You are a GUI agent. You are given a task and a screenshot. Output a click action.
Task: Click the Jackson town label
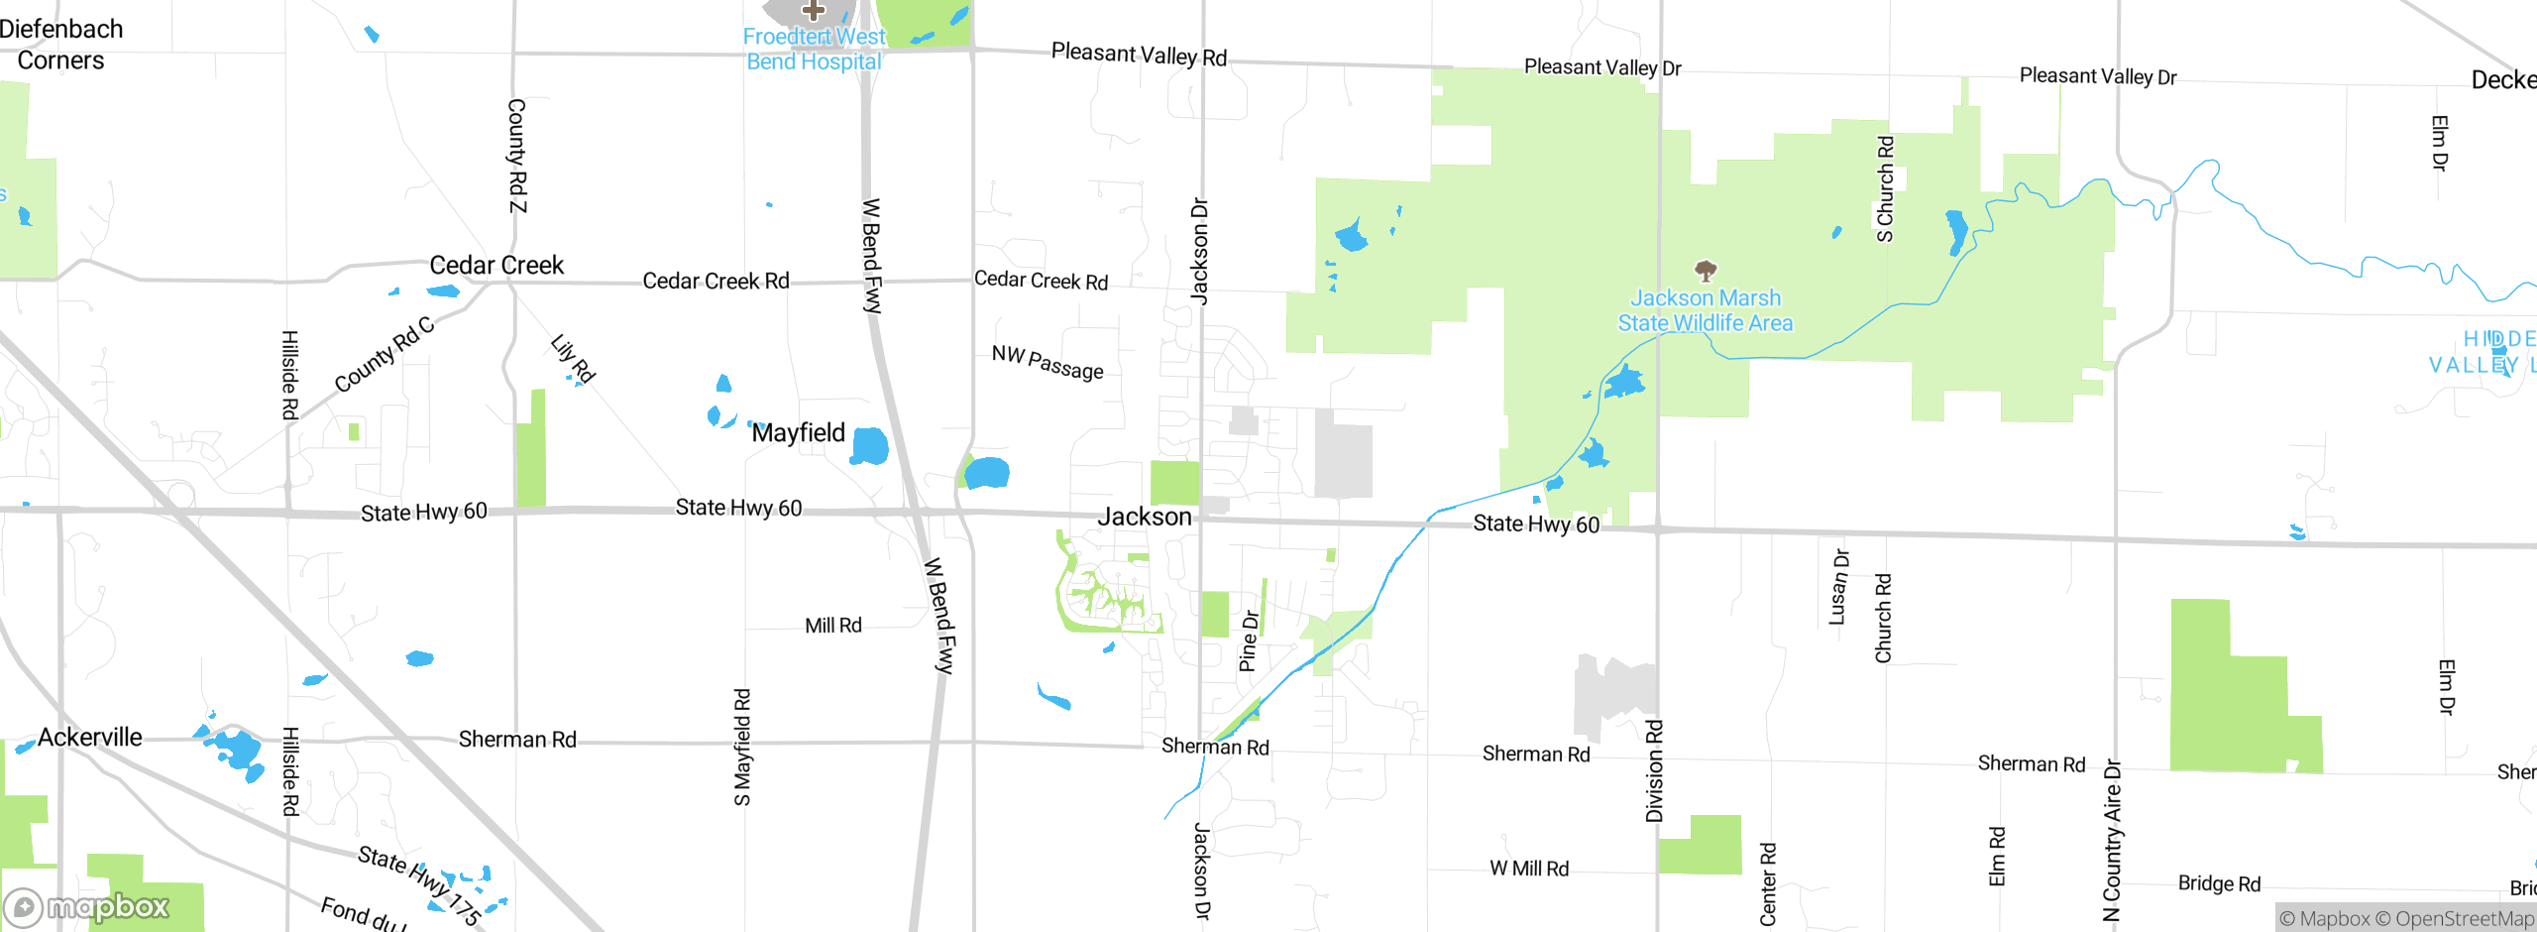pos(1145,517)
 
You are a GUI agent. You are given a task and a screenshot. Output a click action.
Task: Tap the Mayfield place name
pos(798,433)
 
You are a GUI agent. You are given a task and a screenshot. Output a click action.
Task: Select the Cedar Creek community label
pos(496,266)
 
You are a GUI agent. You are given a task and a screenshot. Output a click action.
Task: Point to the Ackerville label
pos(90,738)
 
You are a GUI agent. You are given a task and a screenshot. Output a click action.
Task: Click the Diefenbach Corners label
pos(61,45)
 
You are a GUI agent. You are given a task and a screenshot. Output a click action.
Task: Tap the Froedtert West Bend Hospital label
pos(814,50)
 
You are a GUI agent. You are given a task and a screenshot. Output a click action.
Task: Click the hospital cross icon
pos(814,11)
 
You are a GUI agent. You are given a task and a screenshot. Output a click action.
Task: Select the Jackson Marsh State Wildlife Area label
pos(1706,310)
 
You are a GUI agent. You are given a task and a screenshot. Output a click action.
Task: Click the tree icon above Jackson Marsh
pos(1706,270)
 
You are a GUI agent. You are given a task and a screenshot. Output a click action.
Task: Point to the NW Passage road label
pos(1048,363)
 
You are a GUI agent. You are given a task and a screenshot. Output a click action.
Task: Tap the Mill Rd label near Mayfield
pos(833,626)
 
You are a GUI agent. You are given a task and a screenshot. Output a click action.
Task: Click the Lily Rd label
pos(573,359)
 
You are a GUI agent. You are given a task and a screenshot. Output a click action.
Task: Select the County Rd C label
pos(385,354)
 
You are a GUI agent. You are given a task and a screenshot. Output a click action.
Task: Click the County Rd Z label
pos(517,156)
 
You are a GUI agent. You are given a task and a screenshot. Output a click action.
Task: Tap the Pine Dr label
pos(1249,641)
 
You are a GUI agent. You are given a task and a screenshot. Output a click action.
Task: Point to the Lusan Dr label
pos(1839,587)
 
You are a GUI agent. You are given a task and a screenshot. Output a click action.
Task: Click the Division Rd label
pos(1654,771)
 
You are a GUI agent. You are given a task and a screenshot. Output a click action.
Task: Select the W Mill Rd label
pos(1529,869)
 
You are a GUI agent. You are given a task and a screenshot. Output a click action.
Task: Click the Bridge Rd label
pos(2219,883)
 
